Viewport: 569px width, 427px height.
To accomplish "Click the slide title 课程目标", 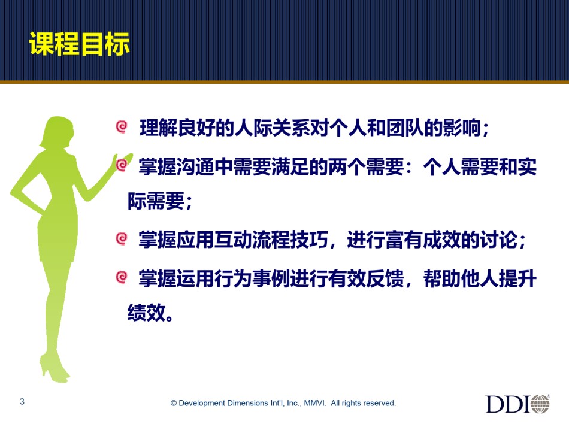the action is coord(80,44).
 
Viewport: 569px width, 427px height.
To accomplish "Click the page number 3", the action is coord(22,401).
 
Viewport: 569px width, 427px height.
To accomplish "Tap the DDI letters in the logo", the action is coord(508,404).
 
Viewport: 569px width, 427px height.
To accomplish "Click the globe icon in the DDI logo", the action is coord(540,404).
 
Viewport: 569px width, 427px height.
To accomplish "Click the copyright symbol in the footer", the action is coord(174,404).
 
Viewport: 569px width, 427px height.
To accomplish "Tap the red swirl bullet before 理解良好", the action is coord(122,126).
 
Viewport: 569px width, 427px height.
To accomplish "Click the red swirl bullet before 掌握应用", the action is coord(122,239).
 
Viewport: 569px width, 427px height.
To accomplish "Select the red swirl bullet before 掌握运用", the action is coord(122,277).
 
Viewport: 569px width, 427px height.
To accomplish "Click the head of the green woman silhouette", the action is coord(58,131).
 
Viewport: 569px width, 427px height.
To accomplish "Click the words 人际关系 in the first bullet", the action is coord(273,128).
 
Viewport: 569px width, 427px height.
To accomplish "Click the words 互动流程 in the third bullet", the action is coord(253,240).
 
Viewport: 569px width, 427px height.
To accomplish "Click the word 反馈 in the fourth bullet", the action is coord(385,279).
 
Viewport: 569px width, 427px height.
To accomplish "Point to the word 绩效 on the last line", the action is coord(147,313).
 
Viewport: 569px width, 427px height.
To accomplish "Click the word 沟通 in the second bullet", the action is coord(196,167).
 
